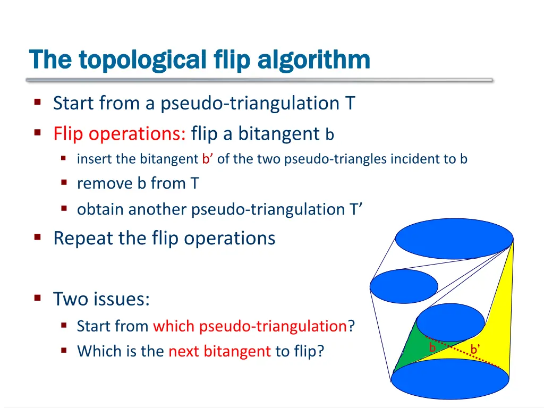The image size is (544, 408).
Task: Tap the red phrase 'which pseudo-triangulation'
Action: [x=250, y=326]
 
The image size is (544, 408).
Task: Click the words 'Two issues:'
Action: [x=101, y=299]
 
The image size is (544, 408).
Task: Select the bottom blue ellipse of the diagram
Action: [x=450, y=378]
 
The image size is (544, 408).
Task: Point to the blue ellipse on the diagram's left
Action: [x=396, y=286]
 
